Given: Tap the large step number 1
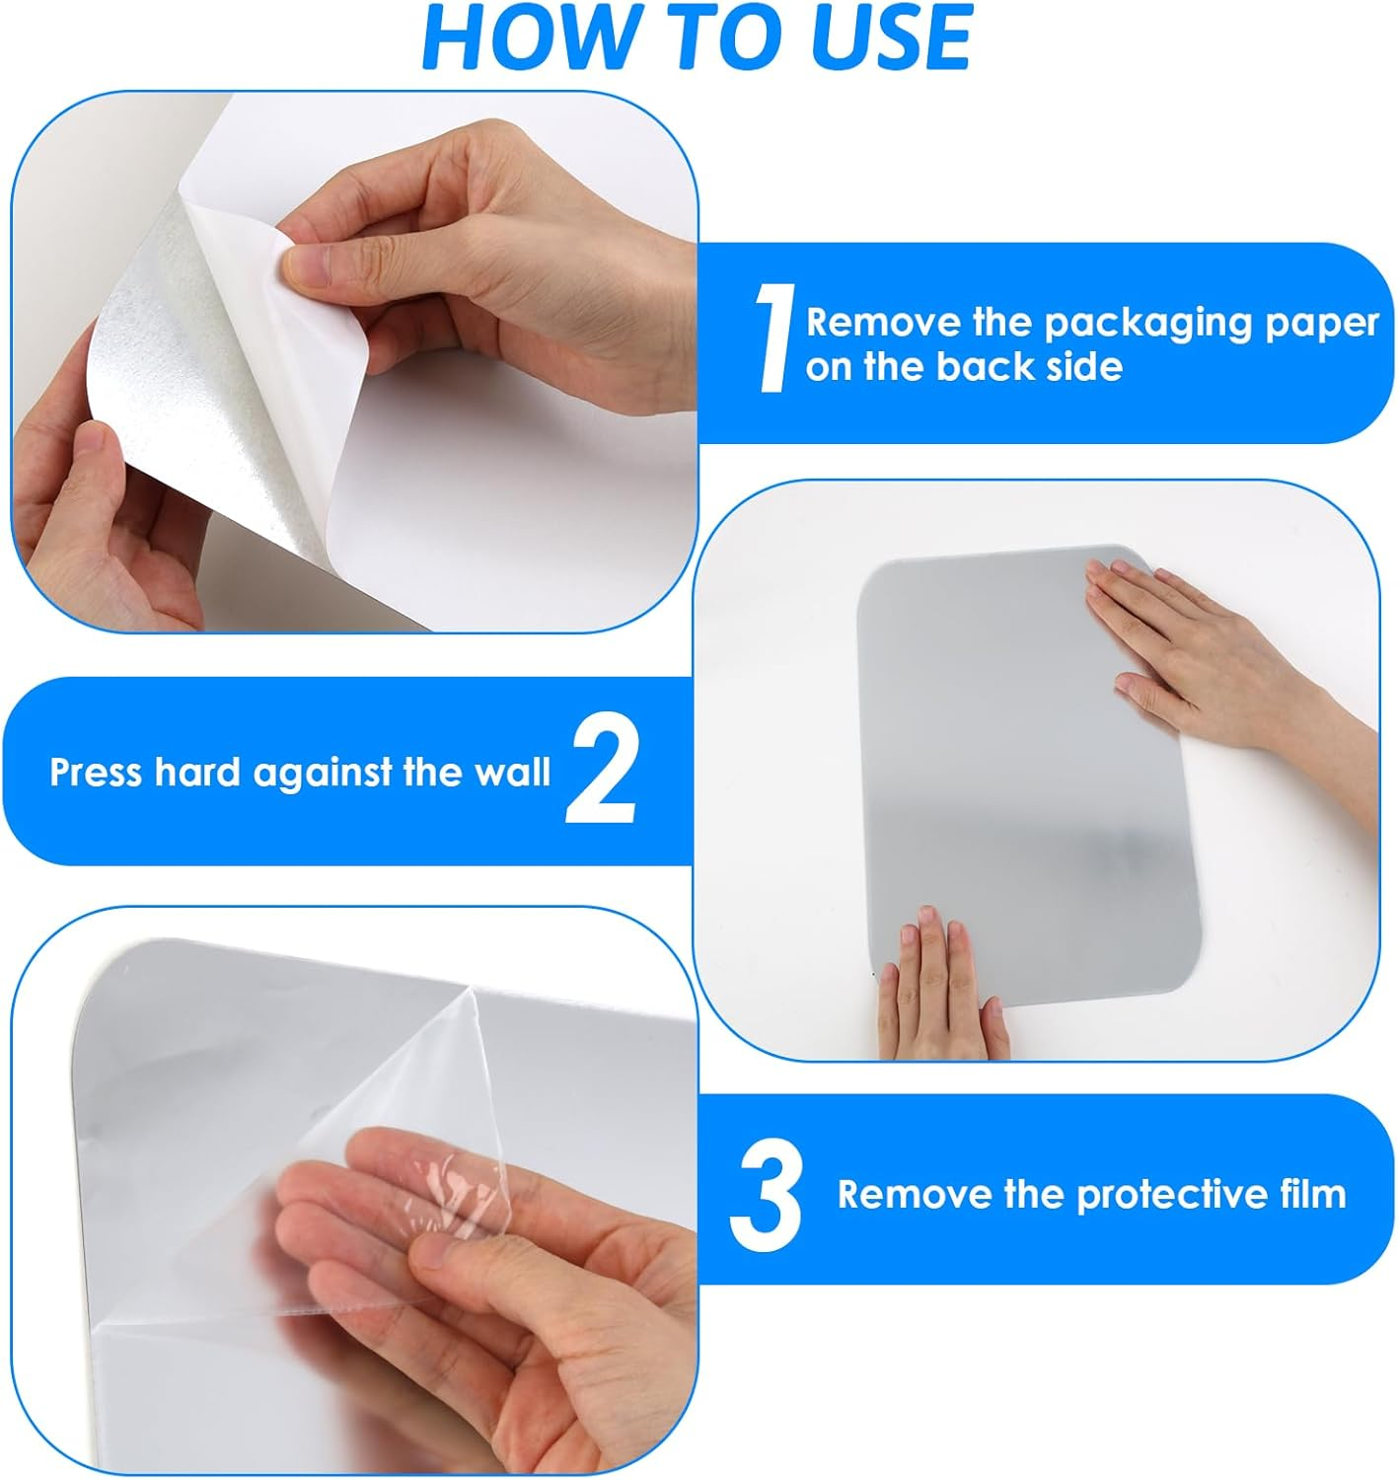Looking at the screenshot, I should pos(773,338).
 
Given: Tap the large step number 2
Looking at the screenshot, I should pos(601,772).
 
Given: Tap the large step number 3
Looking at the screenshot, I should pos(766,1195).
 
